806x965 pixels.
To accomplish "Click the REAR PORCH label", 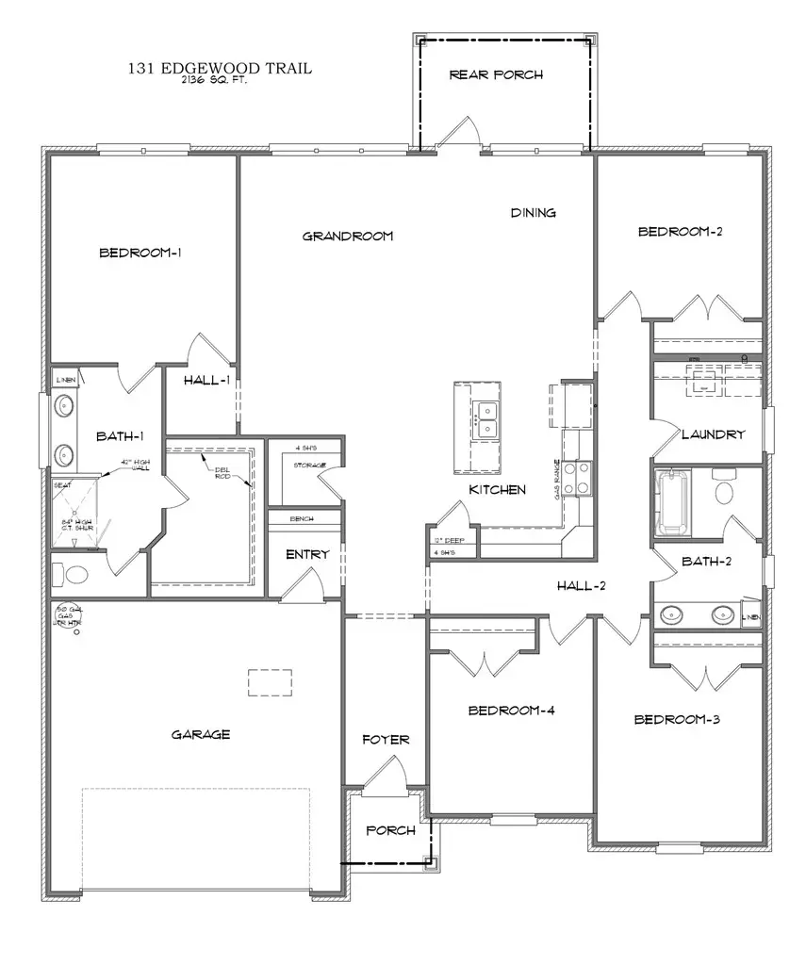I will (496, 74).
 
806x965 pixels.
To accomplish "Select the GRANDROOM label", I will (347, 236).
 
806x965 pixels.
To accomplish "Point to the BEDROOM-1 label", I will (140, 253).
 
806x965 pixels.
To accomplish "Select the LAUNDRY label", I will (714, 434).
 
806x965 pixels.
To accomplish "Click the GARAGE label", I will (201, 734).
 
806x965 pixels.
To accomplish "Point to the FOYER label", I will (386, 740).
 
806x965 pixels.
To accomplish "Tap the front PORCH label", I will (390, 830).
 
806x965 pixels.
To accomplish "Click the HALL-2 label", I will (581, 586).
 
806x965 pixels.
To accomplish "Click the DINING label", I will (534, 213).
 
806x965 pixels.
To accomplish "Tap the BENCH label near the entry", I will (303, 519).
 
